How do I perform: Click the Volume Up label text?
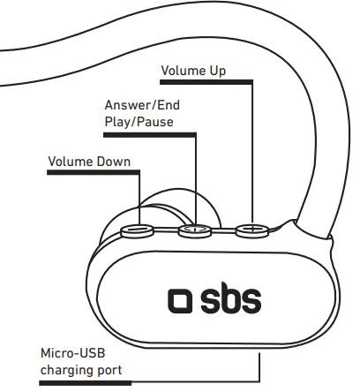194,70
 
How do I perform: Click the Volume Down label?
89,162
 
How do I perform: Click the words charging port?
81,371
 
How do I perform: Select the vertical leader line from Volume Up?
252,150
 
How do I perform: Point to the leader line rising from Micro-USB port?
259,366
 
